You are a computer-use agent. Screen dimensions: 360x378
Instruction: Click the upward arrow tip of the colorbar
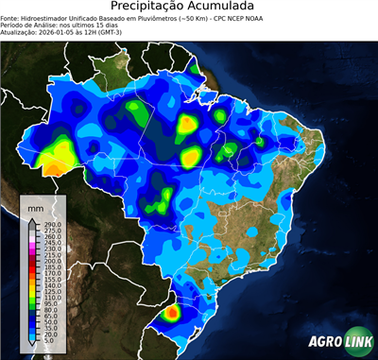30,221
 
